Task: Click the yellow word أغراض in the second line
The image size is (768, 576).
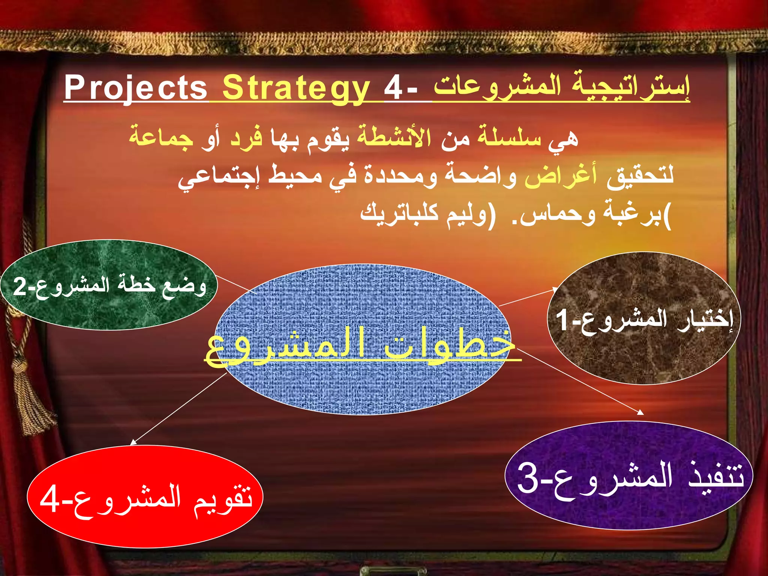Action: pyautogui.click(x=561, y=175)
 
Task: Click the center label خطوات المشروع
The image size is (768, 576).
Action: pyautogui.click(x=360, y=345)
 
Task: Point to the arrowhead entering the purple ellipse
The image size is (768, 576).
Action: pyautogui.click(x=640, y=412)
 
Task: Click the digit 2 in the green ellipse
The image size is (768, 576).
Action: pyautogui.click(x=19, y=286)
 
